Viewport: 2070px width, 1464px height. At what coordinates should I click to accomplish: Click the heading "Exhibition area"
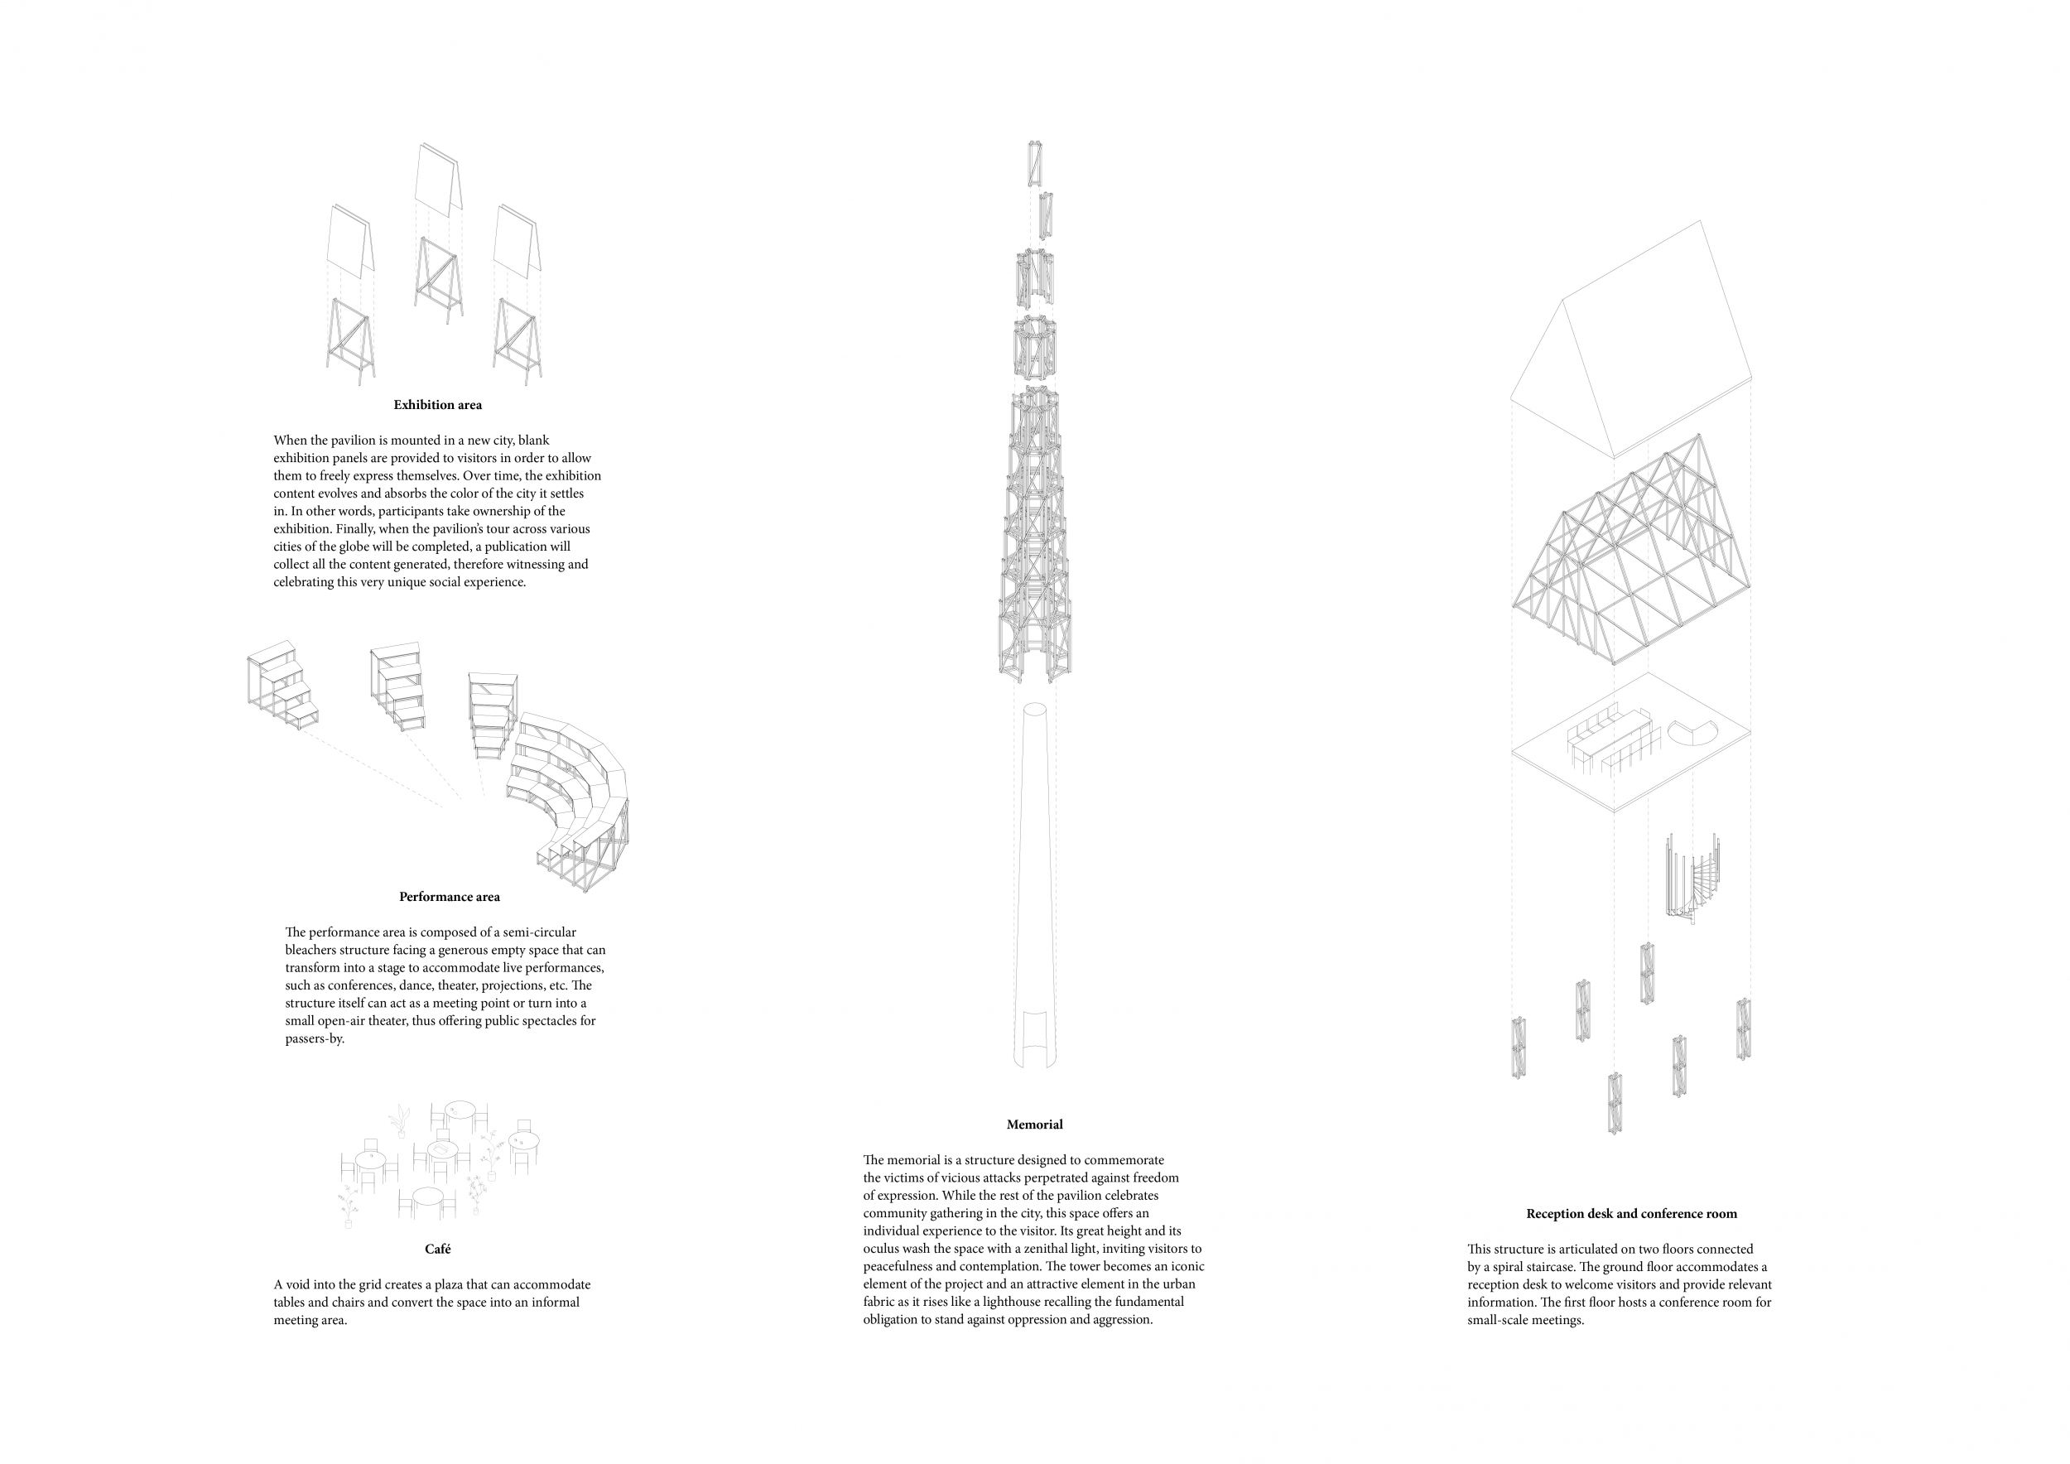click(x=437, y=406)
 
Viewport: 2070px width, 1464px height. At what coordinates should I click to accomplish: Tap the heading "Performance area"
click(x=449, y=897)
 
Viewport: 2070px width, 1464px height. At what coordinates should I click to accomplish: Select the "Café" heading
click(x=437, y=1250)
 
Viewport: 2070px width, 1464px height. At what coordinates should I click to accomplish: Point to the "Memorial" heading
click(x=1034, y=1125)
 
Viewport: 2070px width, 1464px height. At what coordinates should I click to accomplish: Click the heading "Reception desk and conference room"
click(x=1631, y=1214)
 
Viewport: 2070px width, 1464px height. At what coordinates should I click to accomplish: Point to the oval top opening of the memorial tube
click(x=1034, y=710)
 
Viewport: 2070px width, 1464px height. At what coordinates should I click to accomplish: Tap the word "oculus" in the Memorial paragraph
click(x=883, y=1249)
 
